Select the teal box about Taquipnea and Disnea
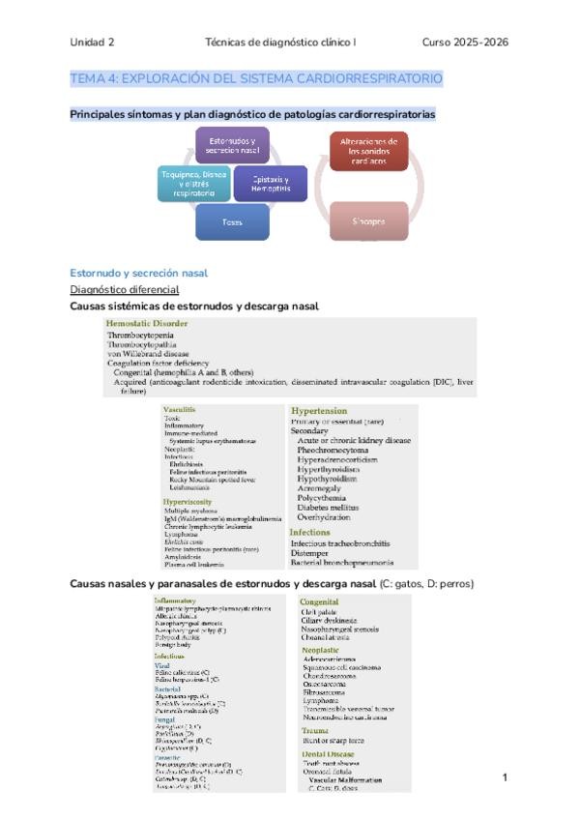[193, 184]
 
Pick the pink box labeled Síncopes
[368, 220]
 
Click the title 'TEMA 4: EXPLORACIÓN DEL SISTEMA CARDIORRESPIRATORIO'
[256, 77]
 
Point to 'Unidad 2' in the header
[92, 43]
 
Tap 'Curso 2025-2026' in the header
[466, 43]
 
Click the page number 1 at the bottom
[505, 776]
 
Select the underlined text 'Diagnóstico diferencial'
[125, 289]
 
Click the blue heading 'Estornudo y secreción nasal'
[139, 273]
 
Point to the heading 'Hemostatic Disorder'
[147, 323]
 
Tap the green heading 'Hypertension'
[319, 410]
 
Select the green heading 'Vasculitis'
[180, 409]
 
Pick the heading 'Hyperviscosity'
[188, 502]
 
